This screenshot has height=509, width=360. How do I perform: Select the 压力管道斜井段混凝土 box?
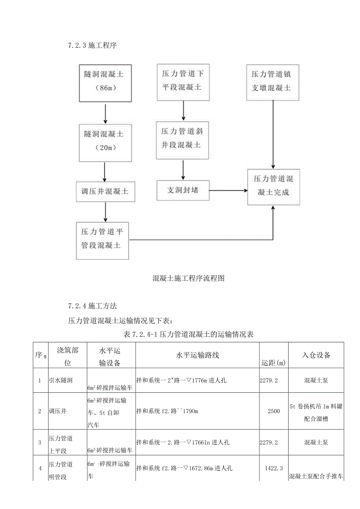(x=182, y=140)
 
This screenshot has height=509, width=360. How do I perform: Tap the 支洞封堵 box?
(x=183, y=191)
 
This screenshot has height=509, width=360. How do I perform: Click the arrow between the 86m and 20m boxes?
(x=105, y=113)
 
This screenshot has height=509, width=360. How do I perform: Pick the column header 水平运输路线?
(x=197, y=355)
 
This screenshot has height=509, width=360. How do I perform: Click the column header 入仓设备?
(x=316, y=355)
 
